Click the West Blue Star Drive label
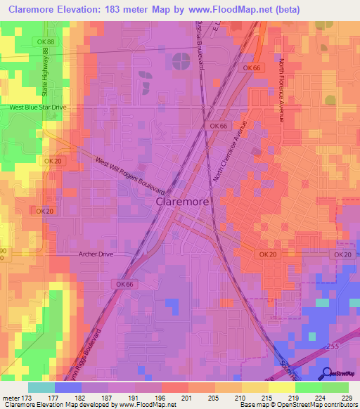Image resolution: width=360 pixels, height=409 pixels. click(x=37, y=107)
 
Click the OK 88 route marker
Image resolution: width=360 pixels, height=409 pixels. click(x=46, y=42)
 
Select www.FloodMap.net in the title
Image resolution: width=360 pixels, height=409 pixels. click(x=226, y=9)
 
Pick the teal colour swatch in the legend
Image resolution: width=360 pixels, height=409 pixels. click(x=41, y=387)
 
